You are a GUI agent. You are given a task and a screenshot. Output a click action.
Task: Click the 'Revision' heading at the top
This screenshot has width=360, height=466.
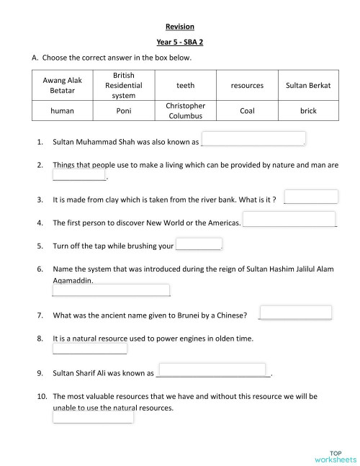180,27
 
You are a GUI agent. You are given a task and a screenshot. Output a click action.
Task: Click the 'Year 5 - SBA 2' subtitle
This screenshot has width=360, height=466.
180,42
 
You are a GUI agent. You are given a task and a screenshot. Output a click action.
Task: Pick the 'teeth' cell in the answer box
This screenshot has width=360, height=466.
185,85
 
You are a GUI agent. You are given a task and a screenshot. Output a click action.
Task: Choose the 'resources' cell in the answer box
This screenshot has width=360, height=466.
247,85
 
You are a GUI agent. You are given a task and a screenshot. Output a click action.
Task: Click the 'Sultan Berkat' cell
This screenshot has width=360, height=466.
308,85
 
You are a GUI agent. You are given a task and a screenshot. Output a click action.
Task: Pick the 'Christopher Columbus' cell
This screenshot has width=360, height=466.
185,111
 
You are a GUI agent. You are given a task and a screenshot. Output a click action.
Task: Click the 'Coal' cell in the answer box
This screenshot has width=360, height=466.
247,111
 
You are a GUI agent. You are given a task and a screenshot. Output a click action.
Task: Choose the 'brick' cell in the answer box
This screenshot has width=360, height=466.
308,111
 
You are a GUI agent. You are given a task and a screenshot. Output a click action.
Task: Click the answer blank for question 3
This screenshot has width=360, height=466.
311,197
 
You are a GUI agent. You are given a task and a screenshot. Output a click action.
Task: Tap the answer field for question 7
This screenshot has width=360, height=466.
295,313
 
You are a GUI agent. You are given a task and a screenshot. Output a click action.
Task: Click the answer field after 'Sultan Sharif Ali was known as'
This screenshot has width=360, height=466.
212,370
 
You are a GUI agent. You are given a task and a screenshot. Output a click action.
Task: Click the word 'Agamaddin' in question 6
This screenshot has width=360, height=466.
73,279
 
